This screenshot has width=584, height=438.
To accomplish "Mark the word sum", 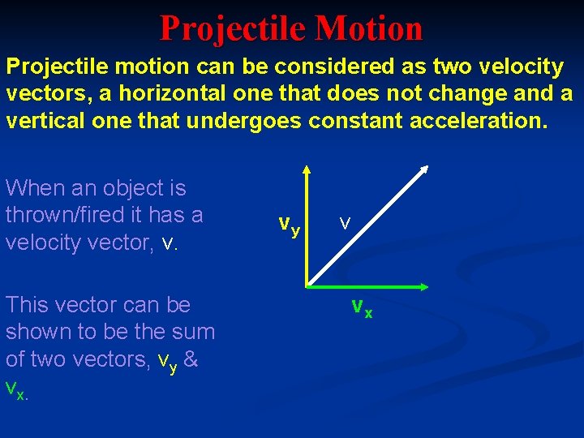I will (194, 332).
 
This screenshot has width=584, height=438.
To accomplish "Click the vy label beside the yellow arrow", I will (289, 225).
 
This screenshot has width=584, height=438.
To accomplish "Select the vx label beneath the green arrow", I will (362, 307).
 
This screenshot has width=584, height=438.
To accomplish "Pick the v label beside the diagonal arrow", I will (345, 222).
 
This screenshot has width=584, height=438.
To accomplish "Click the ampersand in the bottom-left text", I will (191, 359).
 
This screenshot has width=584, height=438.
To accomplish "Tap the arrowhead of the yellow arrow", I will (307, 170).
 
